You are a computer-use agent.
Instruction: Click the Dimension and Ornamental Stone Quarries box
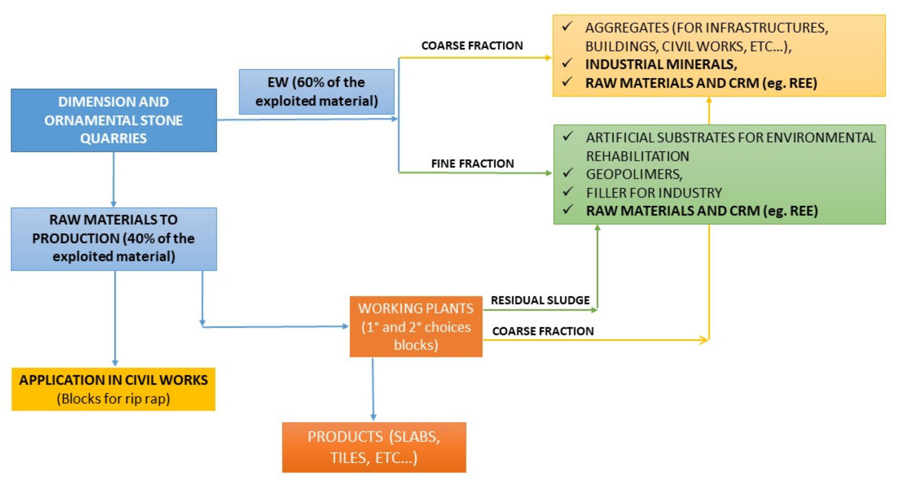tap(114, 120)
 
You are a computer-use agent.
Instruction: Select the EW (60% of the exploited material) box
tap(316, 92)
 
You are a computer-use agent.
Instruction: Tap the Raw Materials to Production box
tap(114, 239)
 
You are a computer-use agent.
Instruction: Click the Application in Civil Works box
tap(114, 389)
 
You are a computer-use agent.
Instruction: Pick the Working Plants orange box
tap(416, 327)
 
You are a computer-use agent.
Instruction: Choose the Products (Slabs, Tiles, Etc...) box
tap(374, 447)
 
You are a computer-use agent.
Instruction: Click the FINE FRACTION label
tap(472, 163)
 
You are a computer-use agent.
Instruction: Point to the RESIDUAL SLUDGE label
tap(540, 300)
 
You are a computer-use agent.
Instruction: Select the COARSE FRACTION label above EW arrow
tap(472, 46)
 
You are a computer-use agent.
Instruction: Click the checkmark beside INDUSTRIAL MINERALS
tap(567, 64)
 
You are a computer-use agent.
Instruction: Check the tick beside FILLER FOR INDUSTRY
tap(568, 192)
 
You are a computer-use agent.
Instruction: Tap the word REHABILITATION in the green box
tap(637, 156)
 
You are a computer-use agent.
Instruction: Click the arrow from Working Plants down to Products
tap(373, 389)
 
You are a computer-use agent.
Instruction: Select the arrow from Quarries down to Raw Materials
tap(114, 179)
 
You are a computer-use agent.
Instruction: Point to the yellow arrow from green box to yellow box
tap(709, 111)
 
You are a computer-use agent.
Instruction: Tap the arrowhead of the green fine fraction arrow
tap(548, 173)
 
